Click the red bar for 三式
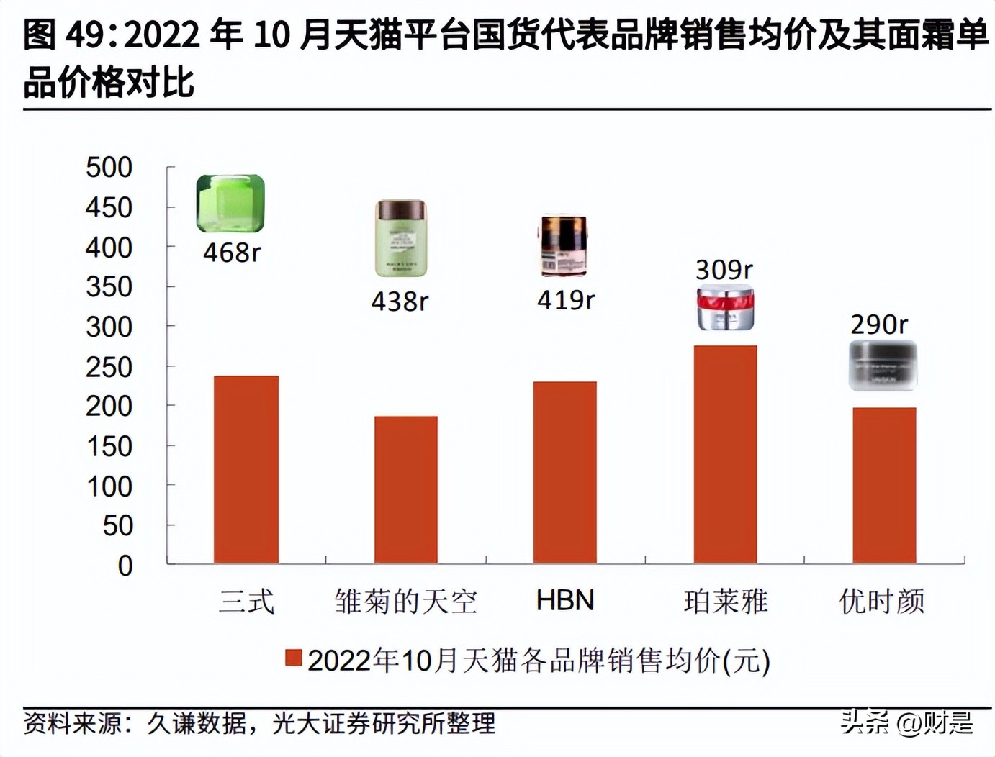246,469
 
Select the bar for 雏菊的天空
405,489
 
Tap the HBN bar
564,472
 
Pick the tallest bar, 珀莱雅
725,454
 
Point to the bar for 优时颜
884,485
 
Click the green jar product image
230,203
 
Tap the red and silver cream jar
725,308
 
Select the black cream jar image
883,365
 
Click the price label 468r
231,253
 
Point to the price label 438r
400,301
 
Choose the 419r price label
566,299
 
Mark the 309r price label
724,270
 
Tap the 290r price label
879,325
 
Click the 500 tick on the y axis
109,168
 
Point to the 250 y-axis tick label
109,367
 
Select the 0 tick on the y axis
125,566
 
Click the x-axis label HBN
565,600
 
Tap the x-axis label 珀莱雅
726,601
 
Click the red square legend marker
293,658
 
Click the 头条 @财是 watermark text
906,722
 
